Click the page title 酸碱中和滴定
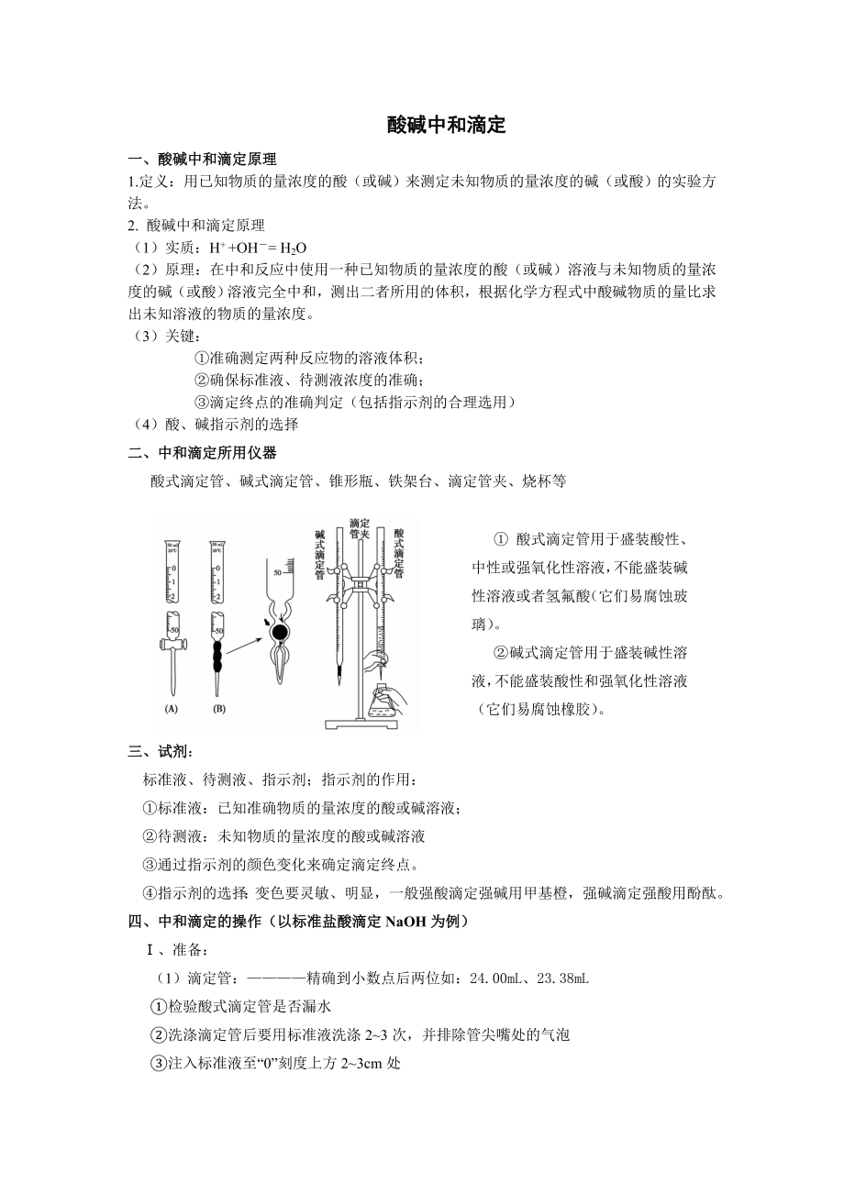click(447, 126)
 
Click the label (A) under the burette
click(172, 709)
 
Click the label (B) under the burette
click(218, 709)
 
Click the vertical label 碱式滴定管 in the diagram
click(319, 554)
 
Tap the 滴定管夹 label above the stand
click(359, 529)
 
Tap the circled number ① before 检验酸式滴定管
click(158, 1007)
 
